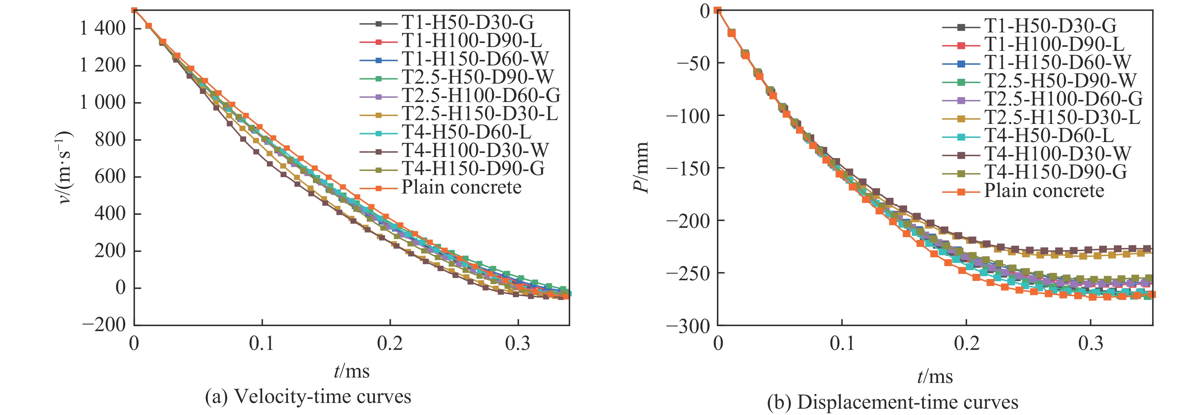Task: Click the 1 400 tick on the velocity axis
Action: (x=103, y=29)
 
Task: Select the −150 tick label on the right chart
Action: (x=687, y=168)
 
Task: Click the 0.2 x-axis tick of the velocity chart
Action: (x=390, y=344)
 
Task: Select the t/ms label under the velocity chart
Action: (x=351, y=372)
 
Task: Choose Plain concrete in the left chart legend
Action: (x=462, y=187)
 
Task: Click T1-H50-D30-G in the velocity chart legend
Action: (x=468, y=22)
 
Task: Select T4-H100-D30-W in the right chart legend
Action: (x=1057, y=153)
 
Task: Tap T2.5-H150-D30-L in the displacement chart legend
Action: (x=1062, y=117)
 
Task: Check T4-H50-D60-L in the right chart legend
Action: (x=1049, y=135)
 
